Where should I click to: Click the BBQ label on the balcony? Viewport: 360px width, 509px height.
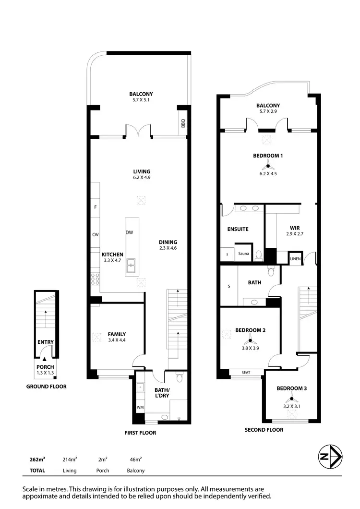coord(183,124)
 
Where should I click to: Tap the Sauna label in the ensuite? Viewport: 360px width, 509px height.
coord(243,254)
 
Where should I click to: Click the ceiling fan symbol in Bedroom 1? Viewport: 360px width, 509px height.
coord(268,166)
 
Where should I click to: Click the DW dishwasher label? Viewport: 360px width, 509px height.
coord(129,232)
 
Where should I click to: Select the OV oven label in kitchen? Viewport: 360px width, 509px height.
coord(95,235)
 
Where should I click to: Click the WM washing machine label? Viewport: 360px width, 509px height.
coord(140,407)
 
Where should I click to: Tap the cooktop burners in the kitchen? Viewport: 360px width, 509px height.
coord(95,279)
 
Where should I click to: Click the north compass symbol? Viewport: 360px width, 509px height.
coord(330,457)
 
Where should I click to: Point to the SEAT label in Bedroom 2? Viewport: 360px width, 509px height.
coord(246,372)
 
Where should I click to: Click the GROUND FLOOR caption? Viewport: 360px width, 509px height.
coord(46,386)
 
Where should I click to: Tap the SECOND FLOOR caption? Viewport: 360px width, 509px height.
coord(264,430)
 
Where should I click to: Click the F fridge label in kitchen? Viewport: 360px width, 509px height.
coord(95,207)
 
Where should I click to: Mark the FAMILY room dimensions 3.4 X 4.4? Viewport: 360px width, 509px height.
coord(117,340)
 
